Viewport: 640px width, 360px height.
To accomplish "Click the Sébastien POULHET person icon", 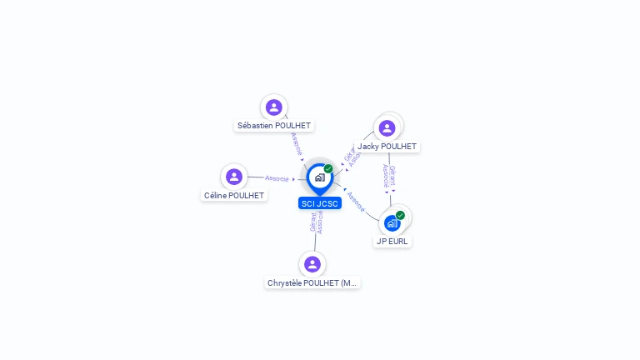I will click(273, 107).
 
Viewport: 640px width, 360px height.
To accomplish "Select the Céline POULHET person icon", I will click(234, 177).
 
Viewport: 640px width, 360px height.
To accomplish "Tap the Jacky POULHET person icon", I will click(387, 128).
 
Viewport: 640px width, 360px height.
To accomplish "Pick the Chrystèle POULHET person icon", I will click(312, 264).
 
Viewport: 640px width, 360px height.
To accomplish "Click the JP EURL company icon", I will click(392, 223).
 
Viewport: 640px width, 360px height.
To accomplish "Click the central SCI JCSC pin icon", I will click(319, 177).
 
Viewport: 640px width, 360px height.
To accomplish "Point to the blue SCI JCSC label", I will click(320, 203).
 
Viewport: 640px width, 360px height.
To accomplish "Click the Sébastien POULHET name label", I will click(274, 126).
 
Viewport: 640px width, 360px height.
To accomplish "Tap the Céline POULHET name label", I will click(234, 196).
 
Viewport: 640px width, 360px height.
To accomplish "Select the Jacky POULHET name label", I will click(387, 147).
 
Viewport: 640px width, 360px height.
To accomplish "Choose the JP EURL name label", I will click(392, 242).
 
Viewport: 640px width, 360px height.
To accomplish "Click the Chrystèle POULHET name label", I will click(312, 283).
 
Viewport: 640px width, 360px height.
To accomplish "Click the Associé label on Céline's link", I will click(277, 178).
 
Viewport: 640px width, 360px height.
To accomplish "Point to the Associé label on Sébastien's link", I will click(297, 143).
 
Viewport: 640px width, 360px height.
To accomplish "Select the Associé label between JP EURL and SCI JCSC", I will click(356, 200).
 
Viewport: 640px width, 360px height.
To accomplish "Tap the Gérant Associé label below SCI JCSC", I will click(316, 222).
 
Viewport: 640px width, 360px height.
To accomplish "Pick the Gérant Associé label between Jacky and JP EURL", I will click(388, 175).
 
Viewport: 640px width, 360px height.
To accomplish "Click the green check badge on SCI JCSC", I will click(328, 169).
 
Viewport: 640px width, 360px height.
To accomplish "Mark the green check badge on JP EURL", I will click(400, 215).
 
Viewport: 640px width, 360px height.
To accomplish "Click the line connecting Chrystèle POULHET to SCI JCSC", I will click(315, 242).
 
